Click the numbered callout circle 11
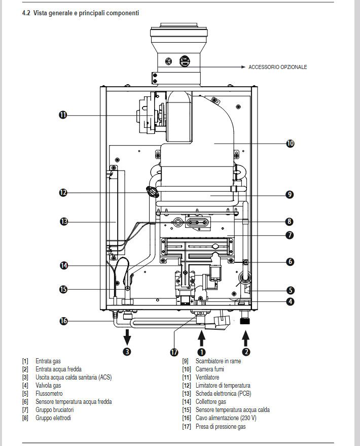pos(63,115)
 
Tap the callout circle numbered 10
pos(290,144)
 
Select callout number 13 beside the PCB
pos(64,222)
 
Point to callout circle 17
pos(174,352)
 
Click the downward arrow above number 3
pos(127,337)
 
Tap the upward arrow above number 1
pos(201,338)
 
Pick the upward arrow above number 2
pos(246,338)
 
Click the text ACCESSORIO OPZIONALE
pos(277,67)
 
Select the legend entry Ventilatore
pos(207,378)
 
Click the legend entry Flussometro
pos(49,394)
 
